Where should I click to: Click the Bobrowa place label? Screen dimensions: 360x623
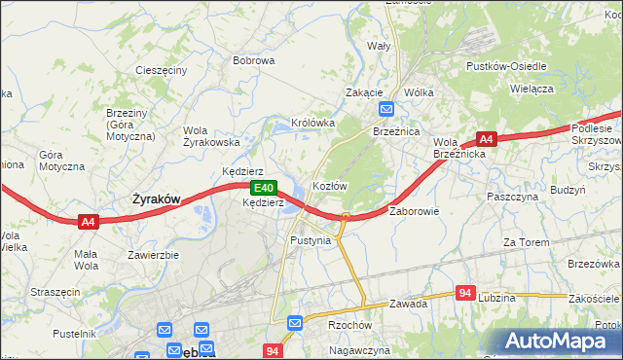click(253, 60)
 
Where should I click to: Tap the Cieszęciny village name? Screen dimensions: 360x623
click(161, 71)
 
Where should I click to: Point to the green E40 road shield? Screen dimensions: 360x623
click(262, 188)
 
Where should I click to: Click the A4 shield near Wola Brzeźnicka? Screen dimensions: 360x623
click(487, 139)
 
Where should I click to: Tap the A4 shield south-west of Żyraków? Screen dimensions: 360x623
click(89, 223)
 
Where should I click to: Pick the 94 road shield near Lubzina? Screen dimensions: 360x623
click(466, 293)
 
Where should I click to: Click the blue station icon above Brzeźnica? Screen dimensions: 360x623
click(386, 110)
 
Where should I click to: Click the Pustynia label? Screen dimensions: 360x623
click(311, 239)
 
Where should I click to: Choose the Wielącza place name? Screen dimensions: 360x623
click(531, 89)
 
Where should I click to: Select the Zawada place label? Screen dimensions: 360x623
click(409, 304)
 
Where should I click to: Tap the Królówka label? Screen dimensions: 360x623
click(312, 124)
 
